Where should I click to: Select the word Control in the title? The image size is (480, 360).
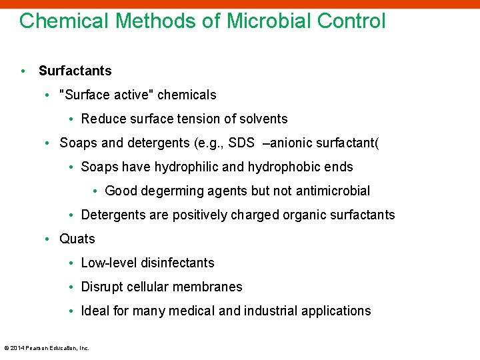(351, 21)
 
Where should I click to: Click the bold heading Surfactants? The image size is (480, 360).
(75, 71)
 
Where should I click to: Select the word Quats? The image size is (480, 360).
(77, 239)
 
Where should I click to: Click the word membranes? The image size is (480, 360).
(210, 287)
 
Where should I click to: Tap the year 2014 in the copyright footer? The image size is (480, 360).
(17, 348)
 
